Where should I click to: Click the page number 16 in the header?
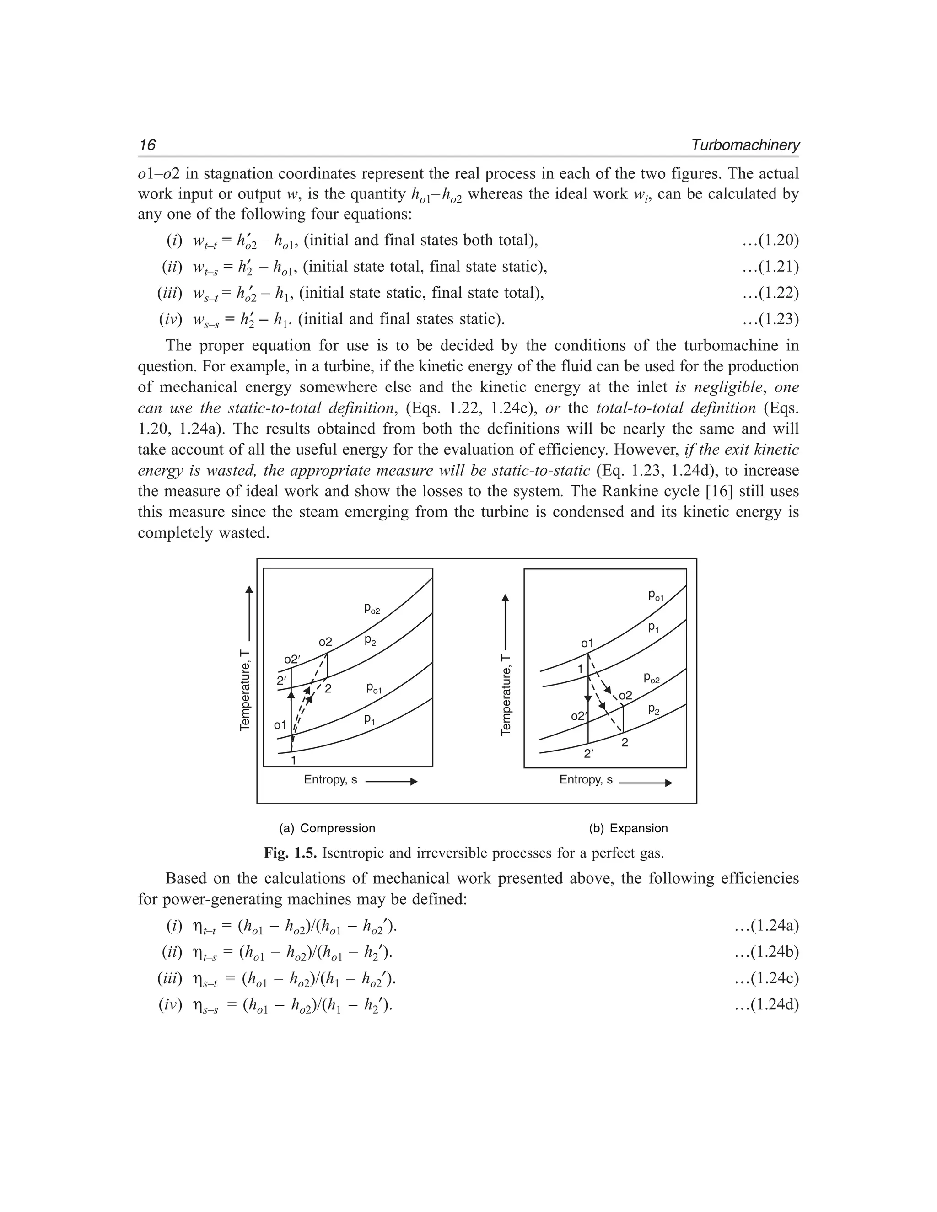pyautogui.click(x=148, y=145)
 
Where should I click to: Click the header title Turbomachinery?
pyautogui.click(x=745, y=145)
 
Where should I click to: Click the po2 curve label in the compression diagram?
pyautogui.click(x=372, y=609)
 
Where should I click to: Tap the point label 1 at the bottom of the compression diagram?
pyautogui.click(x=294, y=760)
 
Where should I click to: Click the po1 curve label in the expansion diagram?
pyautogui.click(x=656, y=595)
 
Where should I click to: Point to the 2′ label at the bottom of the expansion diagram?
pyautogui.click(x=589, y=754)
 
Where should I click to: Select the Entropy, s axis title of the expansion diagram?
pyautogui.click(x=586, y=780)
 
